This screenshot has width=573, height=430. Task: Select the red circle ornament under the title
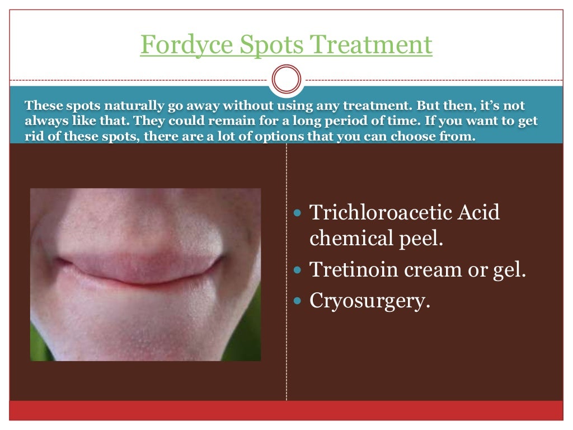[286, 80]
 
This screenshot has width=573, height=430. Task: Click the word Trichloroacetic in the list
[374, 213]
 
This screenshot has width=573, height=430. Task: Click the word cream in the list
[433, 270]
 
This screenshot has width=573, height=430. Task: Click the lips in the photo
[140, 272]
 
